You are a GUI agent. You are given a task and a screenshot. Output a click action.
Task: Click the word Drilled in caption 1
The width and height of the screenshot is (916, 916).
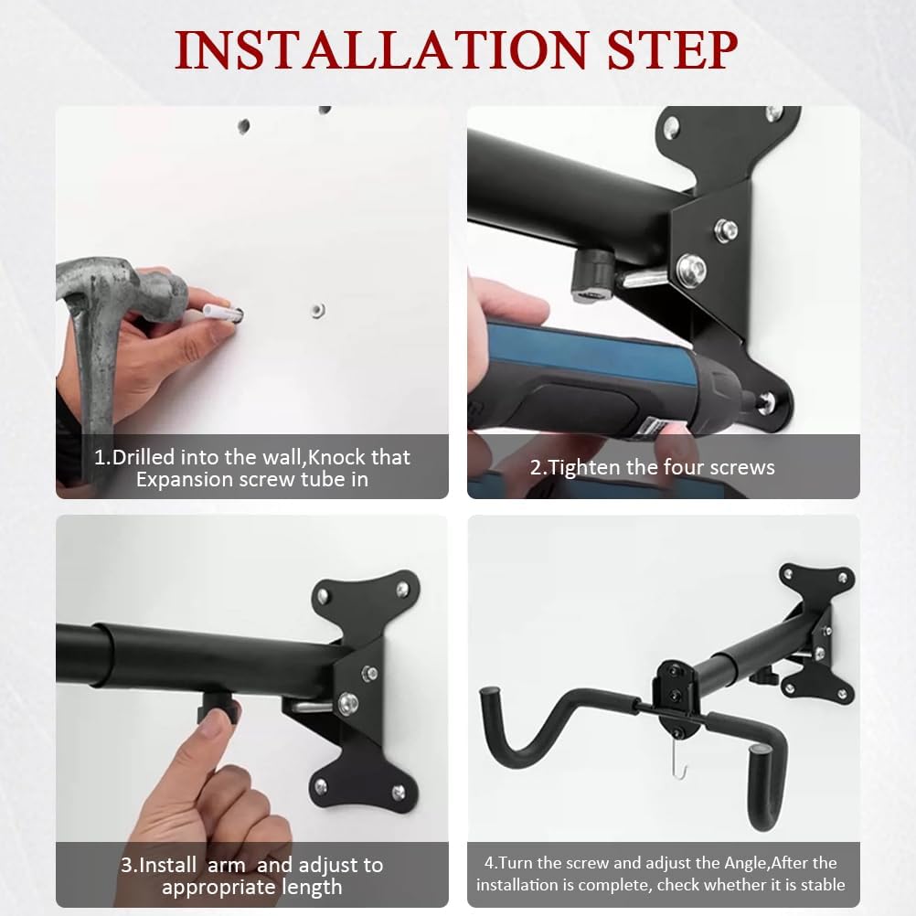[x=144, y=457]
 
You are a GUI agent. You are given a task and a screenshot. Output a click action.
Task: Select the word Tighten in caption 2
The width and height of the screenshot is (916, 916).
[x=587, y=468]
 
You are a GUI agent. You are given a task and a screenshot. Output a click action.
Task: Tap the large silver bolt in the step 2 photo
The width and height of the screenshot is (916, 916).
[x=690, y=269]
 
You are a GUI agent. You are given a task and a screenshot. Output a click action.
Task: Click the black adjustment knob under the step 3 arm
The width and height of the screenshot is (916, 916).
[x=219, y=702]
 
